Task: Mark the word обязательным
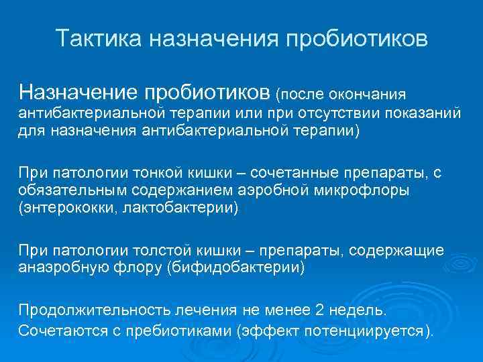pyautogui.click(x=72, y=190)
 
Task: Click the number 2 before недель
pyautogui.click(x=319, y=310)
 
